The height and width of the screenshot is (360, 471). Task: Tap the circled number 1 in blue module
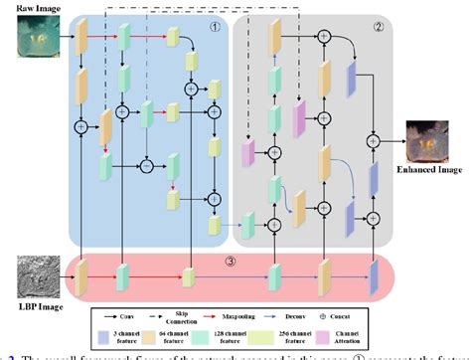(214, 27)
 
